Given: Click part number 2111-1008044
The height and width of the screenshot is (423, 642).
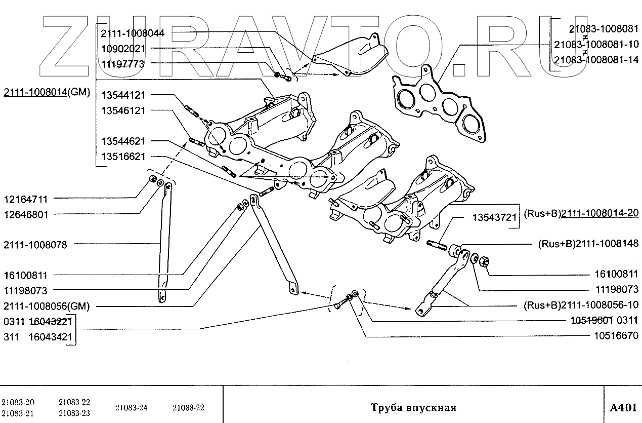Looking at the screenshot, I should coord(133,33).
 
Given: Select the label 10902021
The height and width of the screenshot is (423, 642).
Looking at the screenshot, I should coord(123,49).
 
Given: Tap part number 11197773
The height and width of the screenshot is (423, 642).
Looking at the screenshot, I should coord(123,64).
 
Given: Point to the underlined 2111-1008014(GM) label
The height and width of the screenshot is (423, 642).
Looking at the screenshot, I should coord(47,92).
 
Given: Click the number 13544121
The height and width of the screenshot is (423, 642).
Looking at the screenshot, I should coord(123,95).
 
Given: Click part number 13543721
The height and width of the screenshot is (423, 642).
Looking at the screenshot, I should coord(494,218).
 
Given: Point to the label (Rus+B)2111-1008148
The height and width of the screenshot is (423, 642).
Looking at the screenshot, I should coord(588,244).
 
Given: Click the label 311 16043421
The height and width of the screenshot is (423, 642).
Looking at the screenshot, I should coord(37,336).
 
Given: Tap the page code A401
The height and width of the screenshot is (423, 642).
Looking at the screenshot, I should coord(622,408).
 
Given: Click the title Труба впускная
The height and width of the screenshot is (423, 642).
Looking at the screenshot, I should coord(413,408).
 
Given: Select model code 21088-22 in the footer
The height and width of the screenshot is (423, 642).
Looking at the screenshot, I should coord(188,408).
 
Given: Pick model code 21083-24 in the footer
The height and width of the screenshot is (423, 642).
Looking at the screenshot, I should coord(131,408).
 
